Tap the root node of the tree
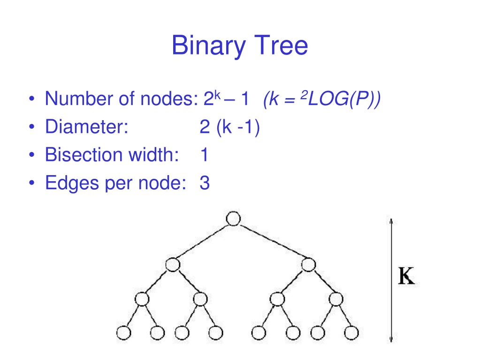coord(233,218)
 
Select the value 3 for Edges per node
coord(204,183)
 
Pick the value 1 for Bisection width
coord(204,155)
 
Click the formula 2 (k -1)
coord(229,127)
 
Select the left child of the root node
coord(173,265)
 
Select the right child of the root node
coord(308,265)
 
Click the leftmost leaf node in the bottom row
coord(123,332)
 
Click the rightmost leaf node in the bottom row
coord(350,332)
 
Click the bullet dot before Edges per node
coord(31,183)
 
